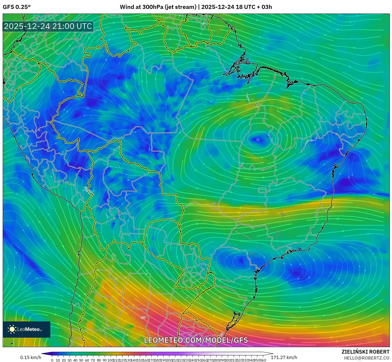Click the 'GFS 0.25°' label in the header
[x=17, y=7]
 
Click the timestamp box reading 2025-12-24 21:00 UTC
[x=48, y=26]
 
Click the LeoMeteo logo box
[x=27, y=329]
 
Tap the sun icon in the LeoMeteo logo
[x=12, y=329]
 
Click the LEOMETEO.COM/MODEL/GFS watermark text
[x=196, y=340]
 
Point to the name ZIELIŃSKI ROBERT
[x=365, y=352]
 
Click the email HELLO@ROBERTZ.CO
[x=366, y=358]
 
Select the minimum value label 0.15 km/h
[x=31, y=357]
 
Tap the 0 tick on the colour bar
[x=52, y=360]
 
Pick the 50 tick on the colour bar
[x=81, y=360]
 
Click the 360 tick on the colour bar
[x=263, y=360]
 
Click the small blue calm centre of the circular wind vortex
[x=258, y=140]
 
